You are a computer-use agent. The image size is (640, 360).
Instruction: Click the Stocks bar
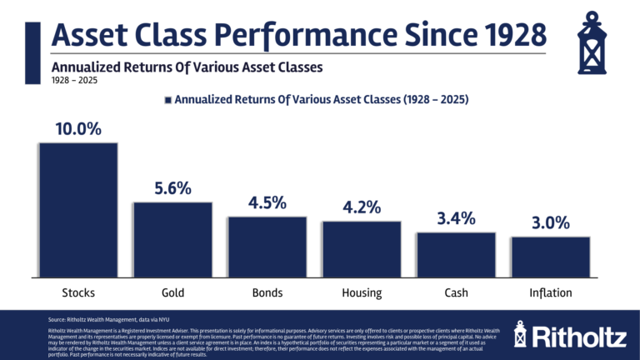point(77,210)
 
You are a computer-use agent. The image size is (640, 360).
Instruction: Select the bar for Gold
point(172,239)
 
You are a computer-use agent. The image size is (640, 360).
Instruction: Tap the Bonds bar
point(267,247)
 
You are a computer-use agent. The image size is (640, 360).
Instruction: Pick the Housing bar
point(362,249)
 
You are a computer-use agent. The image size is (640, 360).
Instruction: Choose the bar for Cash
point(456,254)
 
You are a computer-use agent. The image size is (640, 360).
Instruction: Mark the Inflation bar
point(550,257)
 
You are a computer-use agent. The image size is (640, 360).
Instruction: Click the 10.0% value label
point(77,130)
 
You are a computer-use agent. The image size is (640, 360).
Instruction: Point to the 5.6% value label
point(172,189)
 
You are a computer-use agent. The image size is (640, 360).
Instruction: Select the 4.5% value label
point(267,203)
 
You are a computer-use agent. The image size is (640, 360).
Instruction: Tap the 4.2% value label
point(362,208)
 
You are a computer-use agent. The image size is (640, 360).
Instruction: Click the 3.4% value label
point(456,219)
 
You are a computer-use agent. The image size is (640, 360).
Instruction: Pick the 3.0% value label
point(550,223)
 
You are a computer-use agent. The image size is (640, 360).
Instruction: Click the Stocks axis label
point(77,292)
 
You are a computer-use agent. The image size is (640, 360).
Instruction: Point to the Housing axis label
point(362,292)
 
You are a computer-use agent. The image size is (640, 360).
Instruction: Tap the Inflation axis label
point(550,292)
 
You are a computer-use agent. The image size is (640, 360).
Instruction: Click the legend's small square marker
point(167,99)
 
